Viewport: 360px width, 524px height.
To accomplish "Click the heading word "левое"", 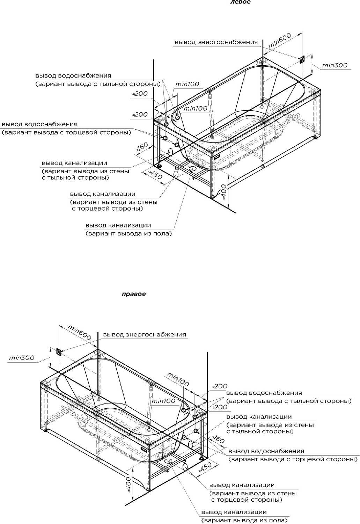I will coord(240,2).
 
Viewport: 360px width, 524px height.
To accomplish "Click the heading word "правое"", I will coord(134,294).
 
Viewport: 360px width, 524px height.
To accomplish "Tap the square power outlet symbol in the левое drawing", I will coord(302,59).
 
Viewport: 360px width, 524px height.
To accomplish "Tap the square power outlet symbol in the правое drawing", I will coord(59,352).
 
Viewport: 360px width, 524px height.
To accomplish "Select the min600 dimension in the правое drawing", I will coord(79,332).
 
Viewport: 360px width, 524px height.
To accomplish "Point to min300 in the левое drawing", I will coord(335,65).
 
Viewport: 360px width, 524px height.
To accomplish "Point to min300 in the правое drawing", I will coord(22,358).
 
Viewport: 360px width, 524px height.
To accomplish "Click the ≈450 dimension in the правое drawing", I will coord(205,467).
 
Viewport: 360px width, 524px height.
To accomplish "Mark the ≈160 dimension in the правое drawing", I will coord(218,439).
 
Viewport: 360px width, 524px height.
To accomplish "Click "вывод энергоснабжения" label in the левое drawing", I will coord(216,42).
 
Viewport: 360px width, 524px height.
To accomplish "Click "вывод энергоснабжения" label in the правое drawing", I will coord(144,335).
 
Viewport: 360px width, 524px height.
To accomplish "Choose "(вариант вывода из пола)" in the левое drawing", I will coord(129,233).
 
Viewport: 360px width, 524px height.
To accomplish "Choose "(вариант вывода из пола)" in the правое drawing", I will coord(244,521).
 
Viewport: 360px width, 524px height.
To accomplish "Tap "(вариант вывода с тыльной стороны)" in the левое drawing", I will coord(98,84).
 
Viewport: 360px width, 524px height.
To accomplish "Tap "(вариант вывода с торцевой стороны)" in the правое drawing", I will coord(293,459).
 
